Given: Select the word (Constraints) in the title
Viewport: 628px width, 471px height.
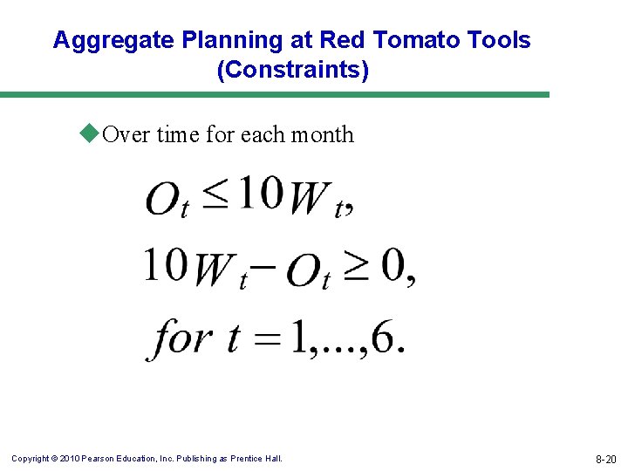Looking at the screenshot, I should click(x=293, y=71).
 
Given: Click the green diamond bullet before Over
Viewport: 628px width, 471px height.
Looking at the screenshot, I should click(x=88, y=133).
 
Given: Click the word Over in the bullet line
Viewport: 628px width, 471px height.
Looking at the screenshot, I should click(x=126, y=134).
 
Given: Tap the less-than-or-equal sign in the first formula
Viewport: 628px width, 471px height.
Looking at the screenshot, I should click(x=215, y=196).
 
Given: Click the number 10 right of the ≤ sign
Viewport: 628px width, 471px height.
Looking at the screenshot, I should click(x=260, y=194).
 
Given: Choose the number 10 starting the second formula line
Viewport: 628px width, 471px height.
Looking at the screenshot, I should click(x=167, y=265).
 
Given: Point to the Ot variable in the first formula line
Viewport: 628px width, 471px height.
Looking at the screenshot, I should click(x=167, y=200).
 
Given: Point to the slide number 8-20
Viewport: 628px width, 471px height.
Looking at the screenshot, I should click(x=605, y=459).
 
